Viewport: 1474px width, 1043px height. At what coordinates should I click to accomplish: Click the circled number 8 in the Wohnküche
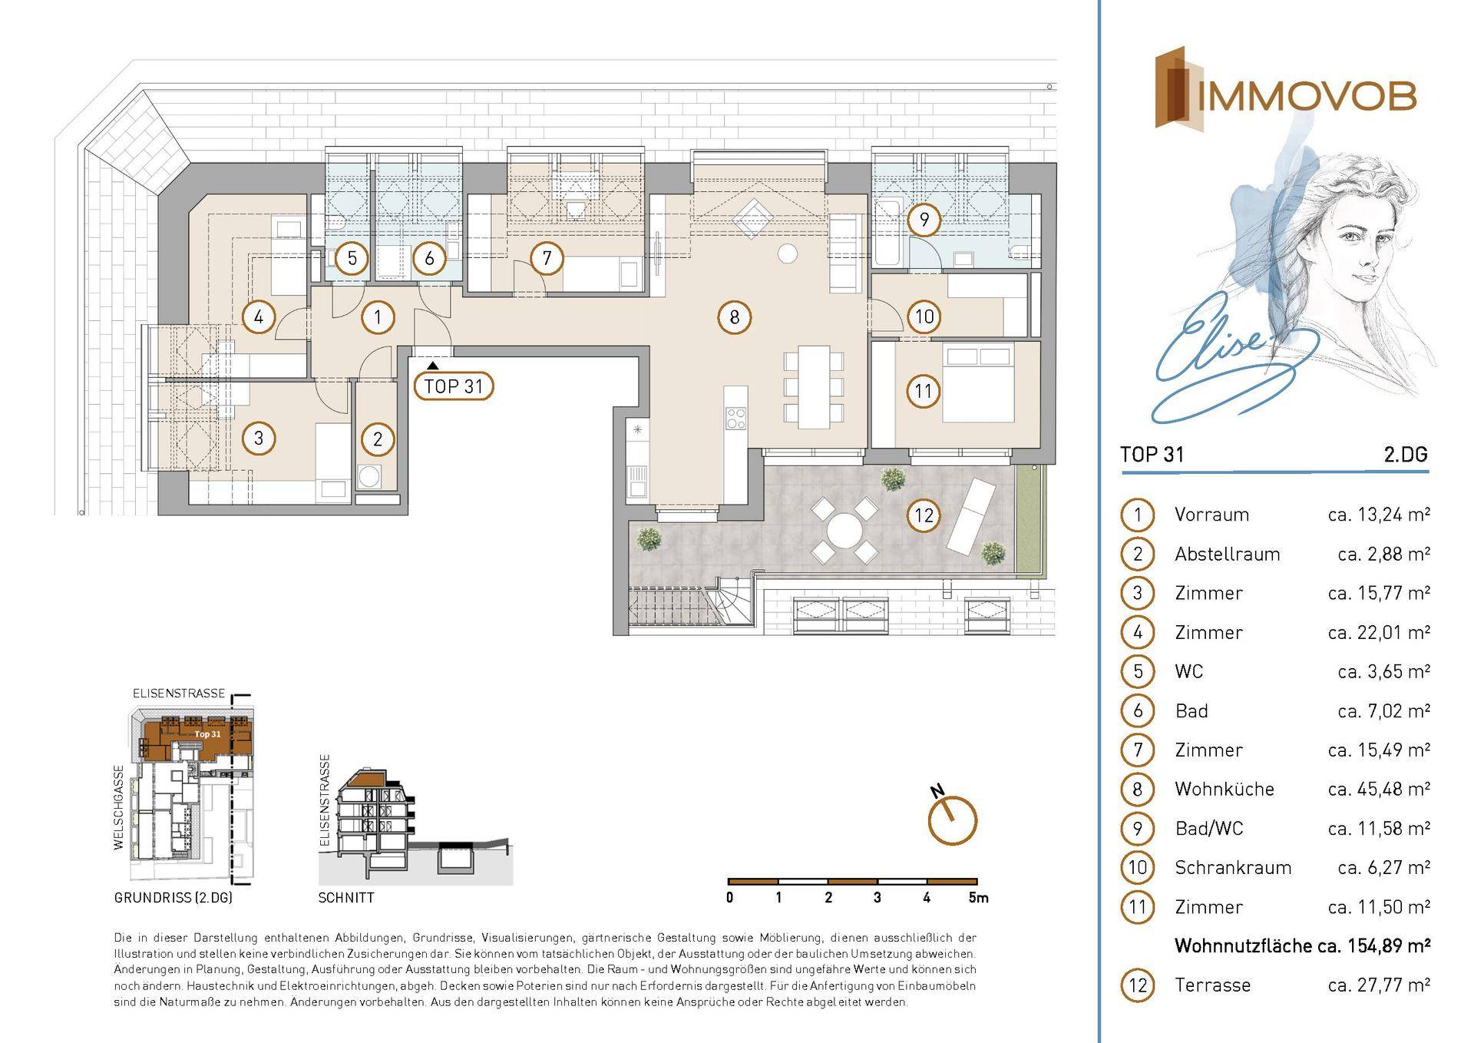tap(735, 317)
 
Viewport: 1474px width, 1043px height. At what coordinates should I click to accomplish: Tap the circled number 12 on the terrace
tap(924, 515)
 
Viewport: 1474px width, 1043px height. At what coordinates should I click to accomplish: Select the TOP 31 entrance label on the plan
tap(454, 386)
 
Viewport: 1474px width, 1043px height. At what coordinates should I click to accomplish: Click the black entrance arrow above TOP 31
tap(434, 366)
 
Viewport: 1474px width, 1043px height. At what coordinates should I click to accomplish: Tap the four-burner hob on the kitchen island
tap(735, 417)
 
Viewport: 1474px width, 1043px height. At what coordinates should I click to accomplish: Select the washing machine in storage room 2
tap(369, 476)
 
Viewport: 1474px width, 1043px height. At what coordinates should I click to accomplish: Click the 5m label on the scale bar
tap(979, 897)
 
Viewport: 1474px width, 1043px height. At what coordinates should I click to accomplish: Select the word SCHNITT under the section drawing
tap(346, 897)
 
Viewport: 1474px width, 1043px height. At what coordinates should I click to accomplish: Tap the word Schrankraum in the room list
tap(1233, 867)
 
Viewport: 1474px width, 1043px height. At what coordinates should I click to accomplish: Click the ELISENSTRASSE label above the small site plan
tap(179, 693)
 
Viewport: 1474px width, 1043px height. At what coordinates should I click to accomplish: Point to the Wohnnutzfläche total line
tap(1302, 945)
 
